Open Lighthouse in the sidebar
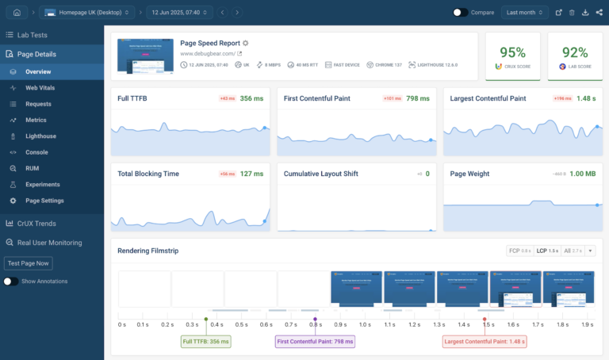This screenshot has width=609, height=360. (40, 136)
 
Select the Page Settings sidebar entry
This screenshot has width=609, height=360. (44, 201)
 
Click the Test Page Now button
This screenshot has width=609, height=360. (29, 263)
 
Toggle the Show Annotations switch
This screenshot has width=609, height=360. (11, 281)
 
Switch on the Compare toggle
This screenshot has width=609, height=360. (460, 13)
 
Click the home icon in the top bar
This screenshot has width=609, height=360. (17, 13)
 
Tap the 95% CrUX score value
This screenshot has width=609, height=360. (512, 52)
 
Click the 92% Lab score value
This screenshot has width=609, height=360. (574, 52)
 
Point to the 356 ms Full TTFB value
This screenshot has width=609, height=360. (251, 99)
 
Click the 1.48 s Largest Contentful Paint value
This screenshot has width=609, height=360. (586, 99)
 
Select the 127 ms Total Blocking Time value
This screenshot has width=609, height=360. (251, 174)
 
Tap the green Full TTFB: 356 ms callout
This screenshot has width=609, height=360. (205, 342)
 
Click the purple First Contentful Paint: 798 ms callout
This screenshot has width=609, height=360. (315, 342)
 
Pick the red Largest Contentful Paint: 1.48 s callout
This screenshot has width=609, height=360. (485, 342)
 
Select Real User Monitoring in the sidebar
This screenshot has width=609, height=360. (49, 243)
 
